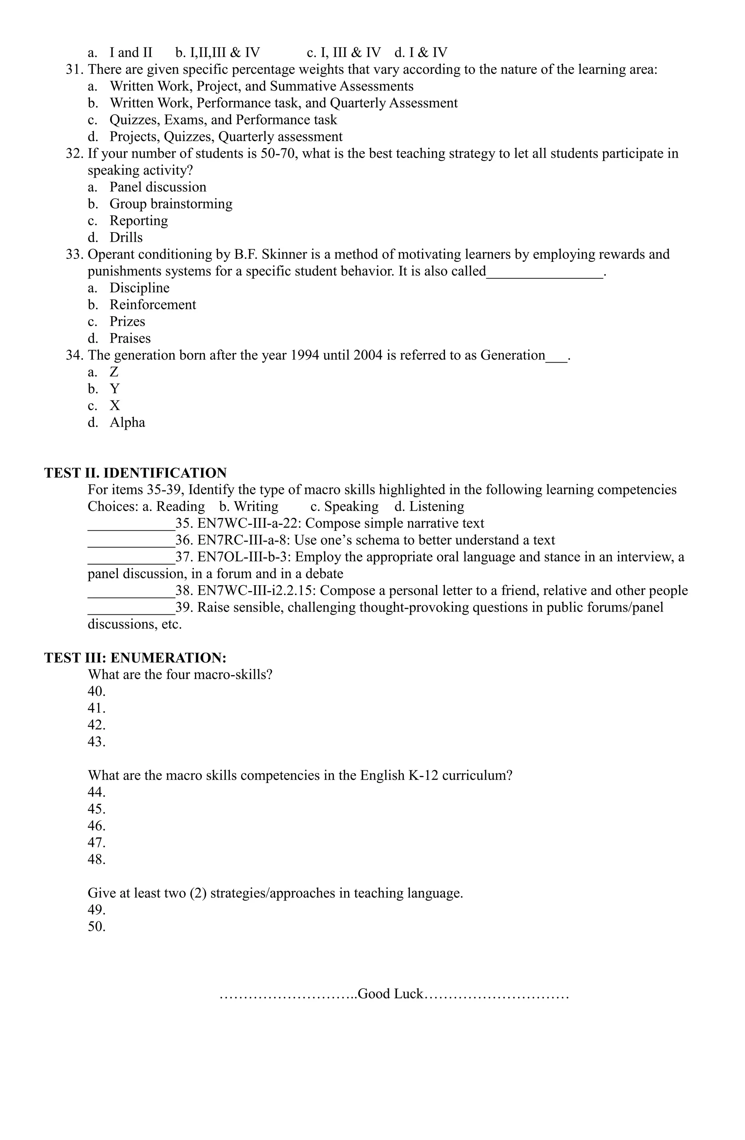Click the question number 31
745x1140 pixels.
tap(74, 70)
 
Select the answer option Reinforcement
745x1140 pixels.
tap(152, 305)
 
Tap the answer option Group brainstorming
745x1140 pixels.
tap(171, 204)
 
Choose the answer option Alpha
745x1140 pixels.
tap(127, 423)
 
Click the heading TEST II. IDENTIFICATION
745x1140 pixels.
tap(135, 473)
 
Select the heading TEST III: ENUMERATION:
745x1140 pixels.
tap(135, 658)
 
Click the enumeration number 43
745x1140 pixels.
tap(96, 742)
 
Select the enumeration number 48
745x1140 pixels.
tap(96, 859)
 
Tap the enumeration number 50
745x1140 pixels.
tap(96, 927)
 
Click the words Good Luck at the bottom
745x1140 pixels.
tap(390, 994)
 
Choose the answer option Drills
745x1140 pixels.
tap(126, 238)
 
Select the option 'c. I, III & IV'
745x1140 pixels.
tap(343, 53)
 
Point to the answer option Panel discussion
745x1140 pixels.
tap(158, 187)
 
